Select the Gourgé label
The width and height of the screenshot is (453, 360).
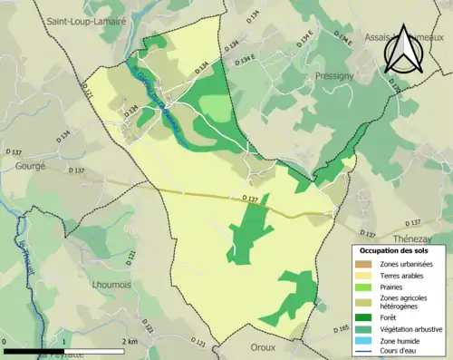[31, 167]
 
